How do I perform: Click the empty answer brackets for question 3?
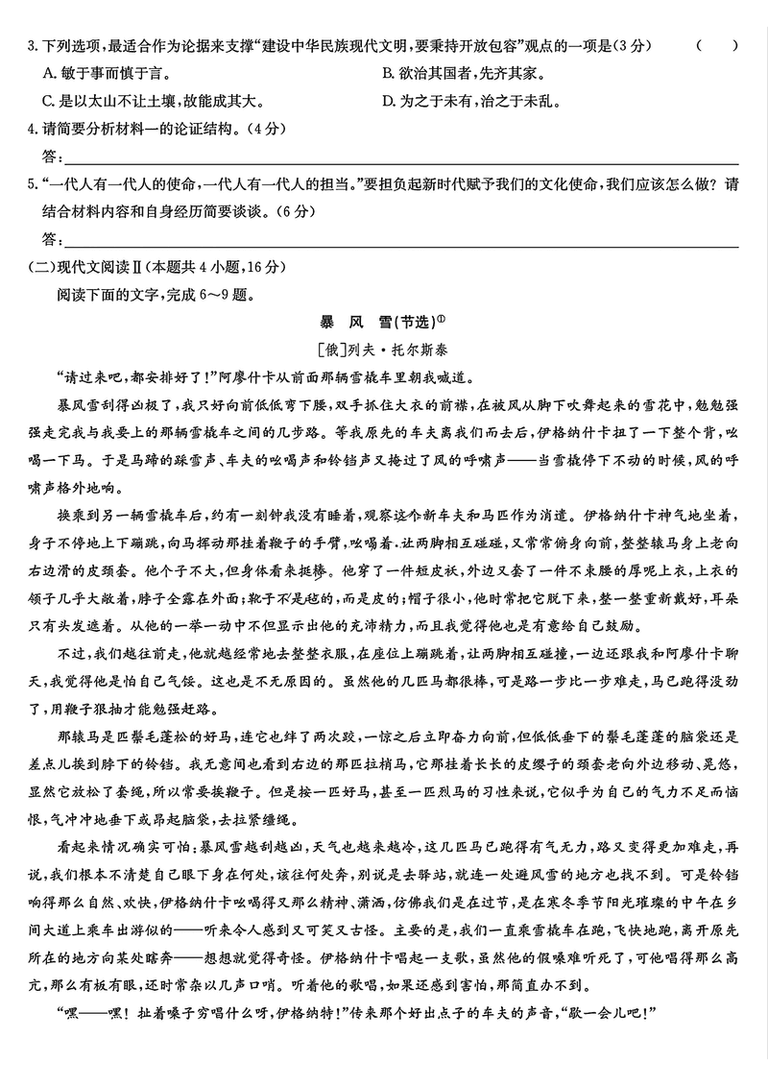[x=716, y=45]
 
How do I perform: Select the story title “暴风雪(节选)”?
[x=378, y=322]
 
